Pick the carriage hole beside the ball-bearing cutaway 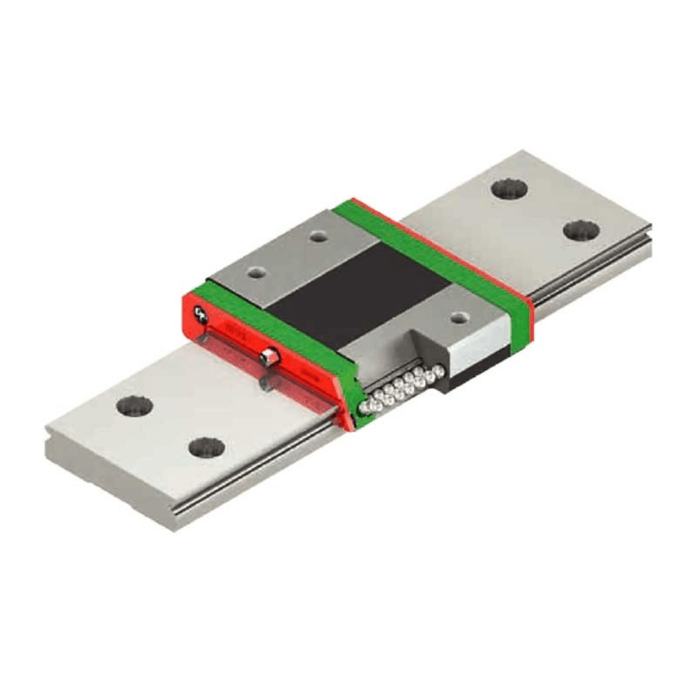click(x=458, y=317)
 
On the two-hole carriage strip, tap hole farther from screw click(x=319, y=237)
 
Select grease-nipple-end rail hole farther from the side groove click(x=135, y=406)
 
